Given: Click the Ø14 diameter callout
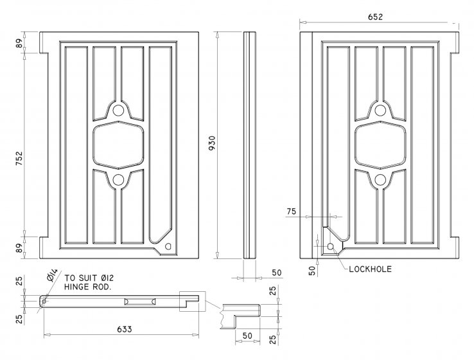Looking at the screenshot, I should click(53, 278).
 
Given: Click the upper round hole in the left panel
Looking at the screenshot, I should click(119, 111).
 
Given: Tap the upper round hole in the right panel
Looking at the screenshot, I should click(380, 111).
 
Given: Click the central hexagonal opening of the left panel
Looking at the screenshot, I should click(119, 145).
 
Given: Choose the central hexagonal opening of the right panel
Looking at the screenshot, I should click(380, 145).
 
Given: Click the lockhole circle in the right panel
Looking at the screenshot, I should click(330, 246).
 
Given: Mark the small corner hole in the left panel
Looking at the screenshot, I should click(168, 246).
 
